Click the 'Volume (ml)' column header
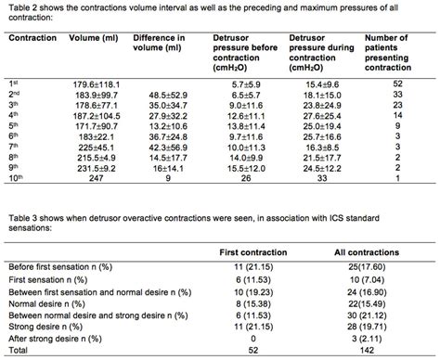(x=91, y=41)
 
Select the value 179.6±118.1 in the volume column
(x=91, y=84)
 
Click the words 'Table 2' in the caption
(x=18, y=6)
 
